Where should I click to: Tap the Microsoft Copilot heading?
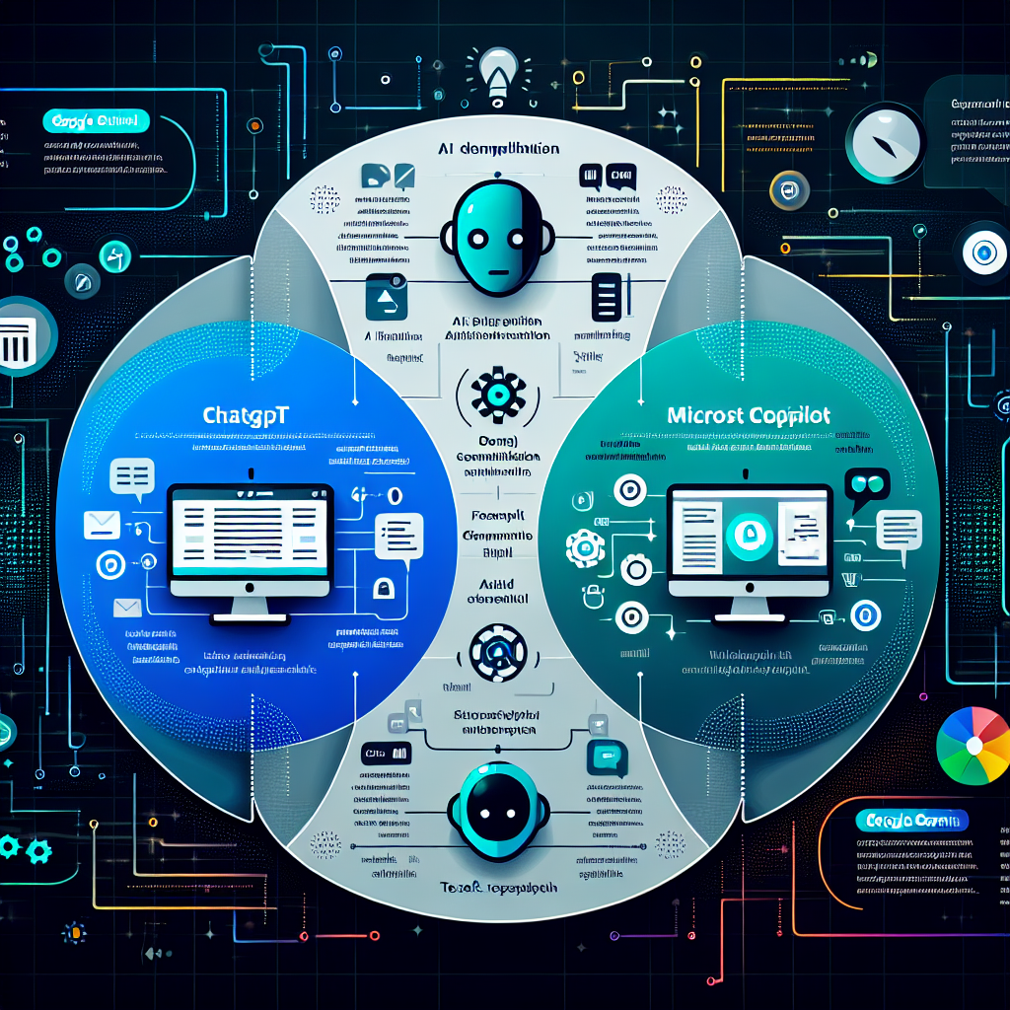749,414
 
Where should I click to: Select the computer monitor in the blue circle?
250,546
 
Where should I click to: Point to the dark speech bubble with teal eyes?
868,486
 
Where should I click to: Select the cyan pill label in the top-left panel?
97,121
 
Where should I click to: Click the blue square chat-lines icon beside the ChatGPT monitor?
398,536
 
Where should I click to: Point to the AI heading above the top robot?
498,149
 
